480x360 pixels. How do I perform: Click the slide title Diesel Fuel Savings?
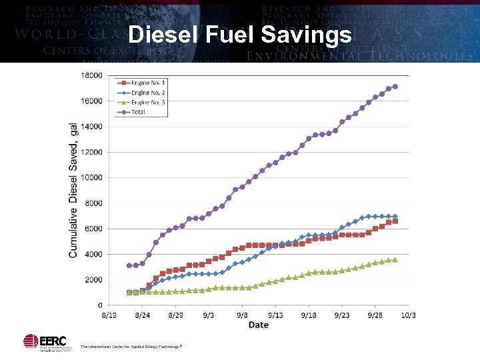tap(239, 35)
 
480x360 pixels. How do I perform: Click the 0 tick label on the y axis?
tap(99, 305)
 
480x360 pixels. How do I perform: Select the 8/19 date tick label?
tap(109, 315)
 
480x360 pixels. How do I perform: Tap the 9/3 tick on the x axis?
tap(209, 315)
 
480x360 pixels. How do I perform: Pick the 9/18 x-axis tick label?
tap(308, 315)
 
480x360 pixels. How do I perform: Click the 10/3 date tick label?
tap(408, 315)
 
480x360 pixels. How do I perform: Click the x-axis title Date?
tap(258, 325)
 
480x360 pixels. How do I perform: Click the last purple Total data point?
tap(395, 87)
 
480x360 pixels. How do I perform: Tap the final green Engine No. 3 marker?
tap(395, 260)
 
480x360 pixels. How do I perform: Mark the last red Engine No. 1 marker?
tap(395, 221)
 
